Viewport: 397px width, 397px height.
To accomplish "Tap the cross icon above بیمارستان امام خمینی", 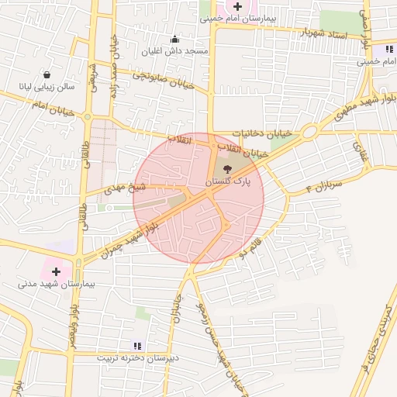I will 237,6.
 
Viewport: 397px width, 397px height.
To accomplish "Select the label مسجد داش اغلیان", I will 174,51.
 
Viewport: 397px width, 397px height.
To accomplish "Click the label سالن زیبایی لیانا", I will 48,88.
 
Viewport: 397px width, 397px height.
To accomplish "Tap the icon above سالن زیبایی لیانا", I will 48,75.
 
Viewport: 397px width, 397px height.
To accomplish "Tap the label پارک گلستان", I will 227,180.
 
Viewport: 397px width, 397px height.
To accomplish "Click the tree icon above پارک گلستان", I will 227,167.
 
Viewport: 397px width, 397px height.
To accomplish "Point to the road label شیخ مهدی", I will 126,188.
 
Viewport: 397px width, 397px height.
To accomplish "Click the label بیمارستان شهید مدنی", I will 56,284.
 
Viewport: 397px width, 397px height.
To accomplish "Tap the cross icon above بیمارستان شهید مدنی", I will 56,271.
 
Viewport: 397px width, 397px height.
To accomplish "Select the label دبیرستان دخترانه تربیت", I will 138,358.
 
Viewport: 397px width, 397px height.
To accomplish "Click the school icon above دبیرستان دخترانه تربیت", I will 138,346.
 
